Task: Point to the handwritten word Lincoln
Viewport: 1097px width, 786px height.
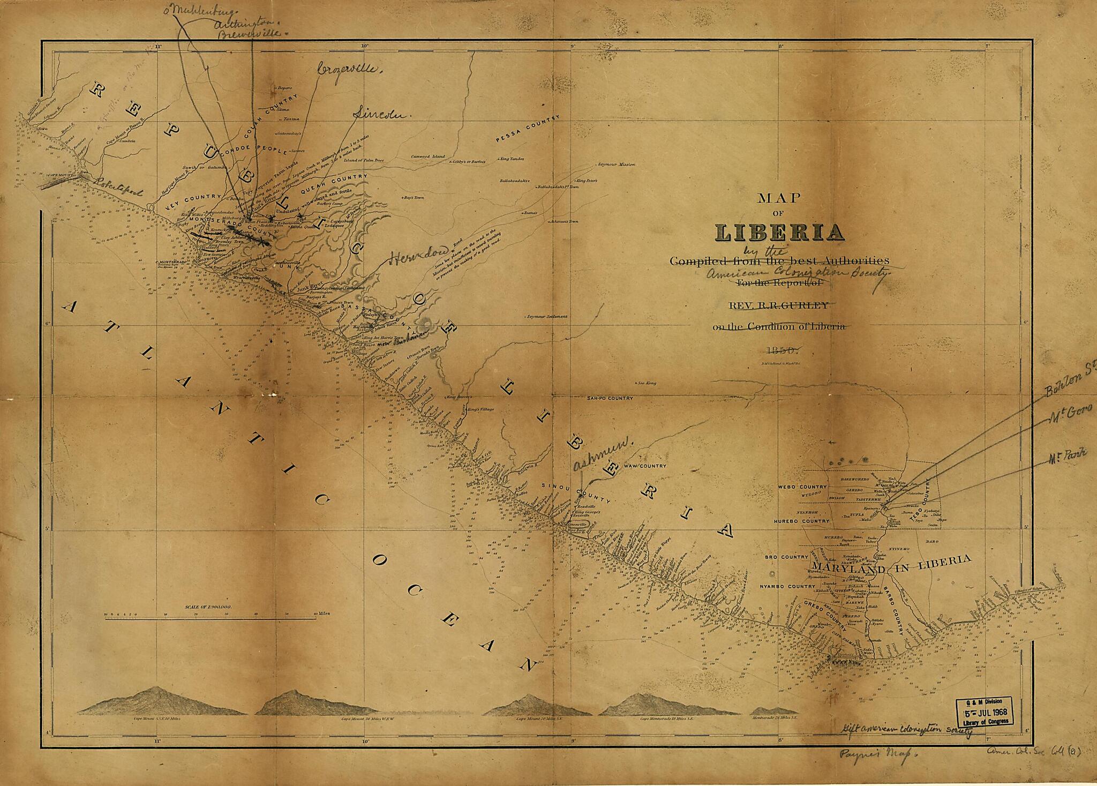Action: click(x=381, y=114)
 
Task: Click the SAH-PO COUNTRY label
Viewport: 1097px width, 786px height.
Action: click(x=609, y=398)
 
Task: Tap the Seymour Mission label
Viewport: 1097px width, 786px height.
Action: click(x=616, y=164)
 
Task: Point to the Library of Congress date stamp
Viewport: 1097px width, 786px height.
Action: click(x=985, y=713)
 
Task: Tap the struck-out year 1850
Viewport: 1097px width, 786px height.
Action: click(x=783, y=350)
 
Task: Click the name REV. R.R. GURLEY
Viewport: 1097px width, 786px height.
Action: click(x=778, y=305)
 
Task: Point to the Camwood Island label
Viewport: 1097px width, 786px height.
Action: click(x=428, y=156)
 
